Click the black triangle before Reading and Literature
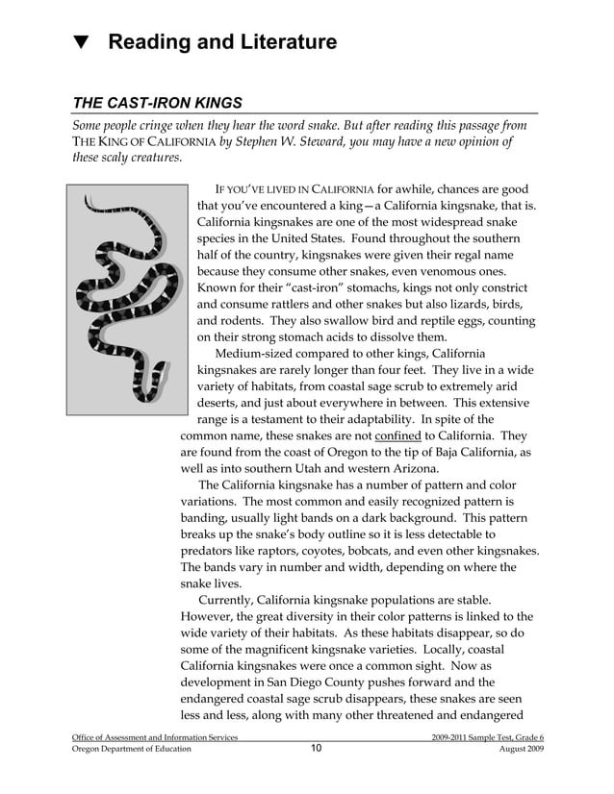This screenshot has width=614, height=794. (x=82, y=43)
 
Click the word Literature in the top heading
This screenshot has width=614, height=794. (x=284, y=43)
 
